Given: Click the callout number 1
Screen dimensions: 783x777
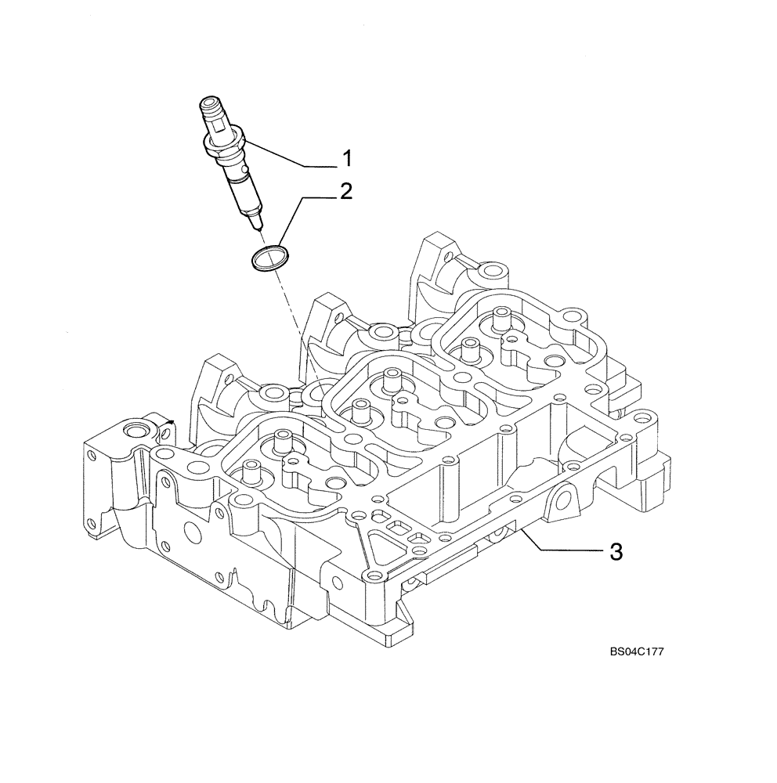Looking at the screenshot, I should [345, 161].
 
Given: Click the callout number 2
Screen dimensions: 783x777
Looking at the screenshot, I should [345, 193].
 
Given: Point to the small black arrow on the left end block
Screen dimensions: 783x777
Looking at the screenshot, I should [168, 424].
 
